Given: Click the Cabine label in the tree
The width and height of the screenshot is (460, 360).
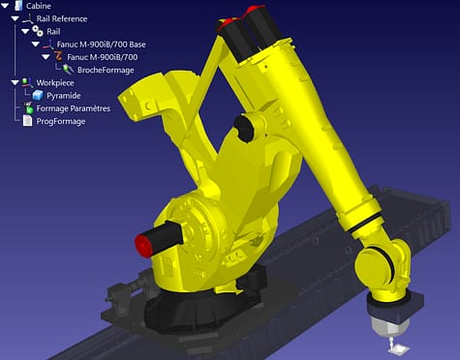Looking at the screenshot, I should [x=39, y=6].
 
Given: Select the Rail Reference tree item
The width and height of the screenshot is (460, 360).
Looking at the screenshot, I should [x=61, y=18].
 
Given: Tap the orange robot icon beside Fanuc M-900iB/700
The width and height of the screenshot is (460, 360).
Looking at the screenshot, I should [x=60, y=57].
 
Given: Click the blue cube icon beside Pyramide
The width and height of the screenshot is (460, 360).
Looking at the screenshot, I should [x=37, y=96].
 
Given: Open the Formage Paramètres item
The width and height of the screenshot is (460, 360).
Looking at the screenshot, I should [x=73, y=108].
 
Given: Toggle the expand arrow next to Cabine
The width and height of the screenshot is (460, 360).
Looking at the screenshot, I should [x=6, y=6].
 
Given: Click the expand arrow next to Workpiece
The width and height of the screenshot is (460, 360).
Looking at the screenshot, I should [x=15, y=83].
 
